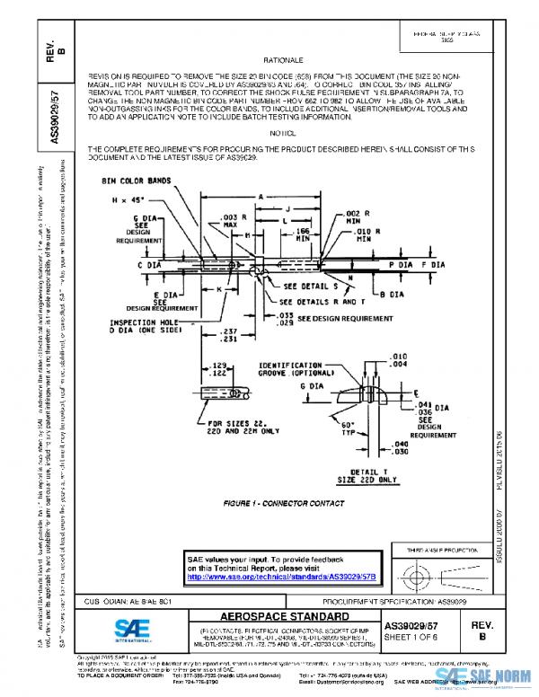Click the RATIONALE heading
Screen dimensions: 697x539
click(x=269, y=57)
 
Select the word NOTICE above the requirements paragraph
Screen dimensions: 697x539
click(x=269, y=132)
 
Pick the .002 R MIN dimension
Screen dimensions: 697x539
click(x=352, y=216)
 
